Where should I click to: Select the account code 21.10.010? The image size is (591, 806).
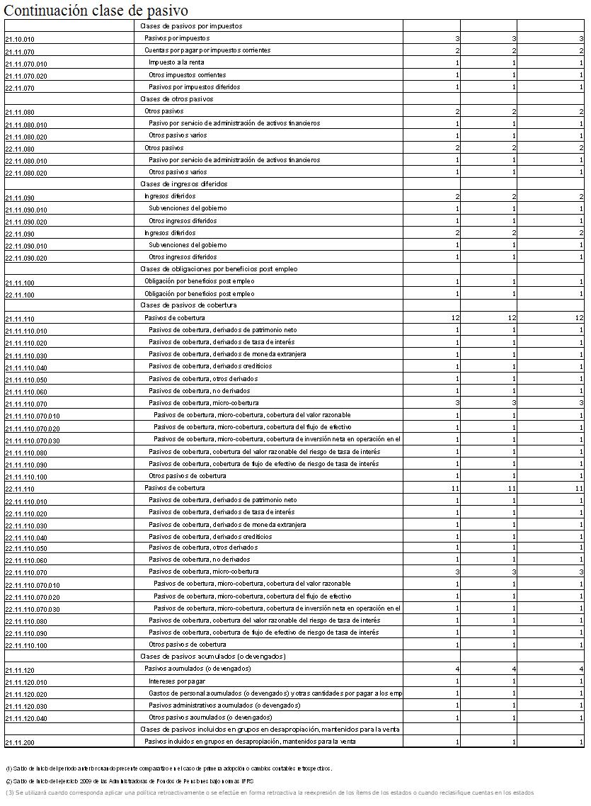pos(20,40)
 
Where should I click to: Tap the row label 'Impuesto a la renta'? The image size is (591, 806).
pos(177,62)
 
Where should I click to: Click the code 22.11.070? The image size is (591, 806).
pos(20,89)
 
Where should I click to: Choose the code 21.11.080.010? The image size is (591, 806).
pos(26,125)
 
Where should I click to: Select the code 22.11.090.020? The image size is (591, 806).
pos(26,259)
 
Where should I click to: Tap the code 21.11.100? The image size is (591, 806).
pos(20,283)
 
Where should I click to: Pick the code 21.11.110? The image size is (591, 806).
pos(20,319)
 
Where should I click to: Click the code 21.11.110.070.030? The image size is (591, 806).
pos(33,441)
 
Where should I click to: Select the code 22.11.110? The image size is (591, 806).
pos(20,489)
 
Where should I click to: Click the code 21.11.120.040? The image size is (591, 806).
pos(26,719)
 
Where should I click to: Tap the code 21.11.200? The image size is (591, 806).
pos(20,743)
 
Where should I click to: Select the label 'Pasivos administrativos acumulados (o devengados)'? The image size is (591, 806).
pos(224,705)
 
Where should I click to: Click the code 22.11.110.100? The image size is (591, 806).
pos(26,646)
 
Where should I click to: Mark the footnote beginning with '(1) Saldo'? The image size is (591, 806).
pos(168,768)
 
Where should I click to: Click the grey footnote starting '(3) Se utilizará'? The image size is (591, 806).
pos(269,793)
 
